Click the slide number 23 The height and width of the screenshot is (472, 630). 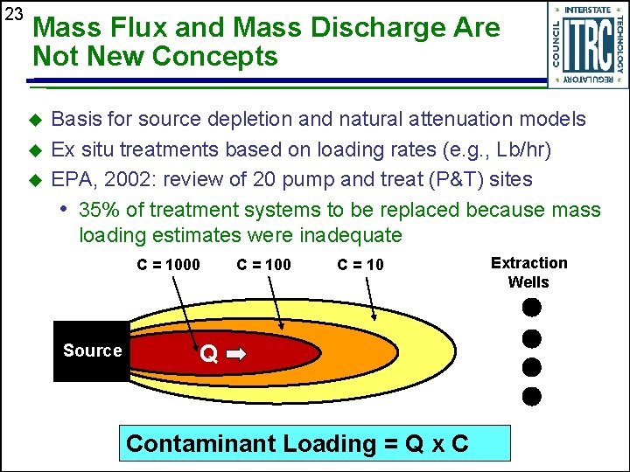pyautogui.click(x=13, y=15)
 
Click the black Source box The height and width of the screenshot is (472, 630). pyautogui.click(x=92, y=351)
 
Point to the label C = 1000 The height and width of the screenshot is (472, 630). pyautogui.click(x=168, y=265)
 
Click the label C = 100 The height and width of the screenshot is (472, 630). pyautogui.click(x=263, y=265)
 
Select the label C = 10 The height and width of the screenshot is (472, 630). pyautogui.click(x=360, y=265)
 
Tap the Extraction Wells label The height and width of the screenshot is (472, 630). pyautogui.click(x=528, y=273)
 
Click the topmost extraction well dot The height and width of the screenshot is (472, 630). pyautogui.click(x=531, y=308)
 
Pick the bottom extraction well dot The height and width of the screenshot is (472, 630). pyautogui.click(x=531, y=396)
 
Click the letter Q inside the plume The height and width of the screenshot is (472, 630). pyautogui.click(x=208, y=354)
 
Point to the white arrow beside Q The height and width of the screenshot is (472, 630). pyautogui.click(x=237, y=354)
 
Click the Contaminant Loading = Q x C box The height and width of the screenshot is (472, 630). pyautogui.click(x=316, y=443)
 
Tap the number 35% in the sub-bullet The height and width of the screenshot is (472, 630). pyautogui.click(x=97, y=210)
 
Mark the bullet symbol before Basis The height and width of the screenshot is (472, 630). pyautogui.click(x=36, y=120)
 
